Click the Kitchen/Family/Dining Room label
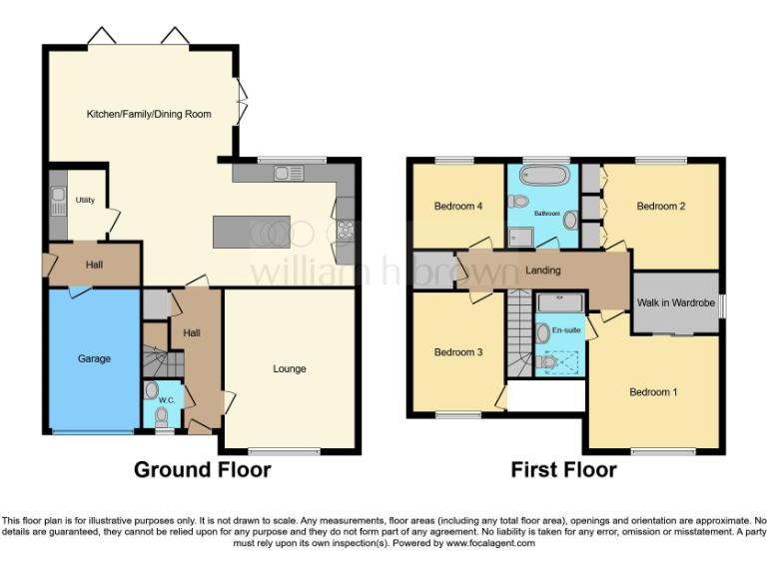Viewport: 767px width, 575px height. click(148, 114)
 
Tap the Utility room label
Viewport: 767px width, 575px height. click(85, 200)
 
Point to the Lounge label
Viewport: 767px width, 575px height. click(290, 368)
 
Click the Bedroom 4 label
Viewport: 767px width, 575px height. click(458, 207)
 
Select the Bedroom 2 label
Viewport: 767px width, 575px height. click(661, 207)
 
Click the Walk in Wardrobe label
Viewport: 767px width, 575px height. click(676, 301)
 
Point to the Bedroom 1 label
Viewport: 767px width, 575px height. click(653, 392)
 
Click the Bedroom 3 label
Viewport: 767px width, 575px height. click(458, 352)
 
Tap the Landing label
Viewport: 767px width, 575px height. click(543, 270)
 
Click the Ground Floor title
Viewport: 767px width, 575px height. click(203, 469)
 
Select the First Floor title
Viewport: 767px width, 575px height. click(564, 469)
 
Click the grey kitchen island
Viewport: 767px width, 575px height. click(251, 232)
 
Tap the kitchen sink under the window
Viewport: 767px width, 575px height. click(290, 173)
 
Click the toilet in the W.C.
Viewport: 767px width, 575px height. click(152, 390)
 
